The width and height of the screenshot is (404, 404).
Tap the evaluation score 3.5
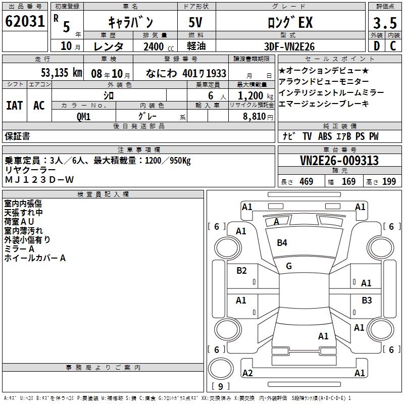coord(383,22)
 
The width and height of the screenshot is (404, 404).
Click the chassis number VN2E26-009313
coord(339,161)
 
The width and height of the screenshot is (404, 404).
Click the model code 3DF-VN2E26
coord(290,46)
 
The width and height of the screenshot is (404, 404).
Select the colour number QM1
coord(84,116)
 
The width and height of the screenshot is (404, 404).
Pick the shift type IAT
coord(14,105)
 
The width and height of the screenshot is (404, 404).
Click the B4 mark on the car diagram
coord(282,243)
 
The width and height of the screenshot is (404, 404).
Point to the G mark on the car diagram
coord(288,266)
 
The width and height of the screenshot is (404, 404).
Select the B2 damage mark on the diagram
coord(242,271)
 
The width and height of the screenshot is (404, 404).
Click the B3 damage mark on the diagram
coord(367,300)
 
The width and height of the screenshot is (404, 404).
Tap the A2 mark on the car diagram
coord(247,373)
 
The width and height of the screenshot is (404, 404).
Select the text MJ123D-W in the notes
coord(39,180)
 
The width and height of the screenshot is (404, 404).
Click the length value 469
coord(306,181)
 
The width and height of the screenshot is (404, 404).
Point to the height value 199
coord(389,181)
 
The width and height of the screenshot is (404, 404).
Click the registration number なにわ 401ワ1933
coord(186,73)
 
